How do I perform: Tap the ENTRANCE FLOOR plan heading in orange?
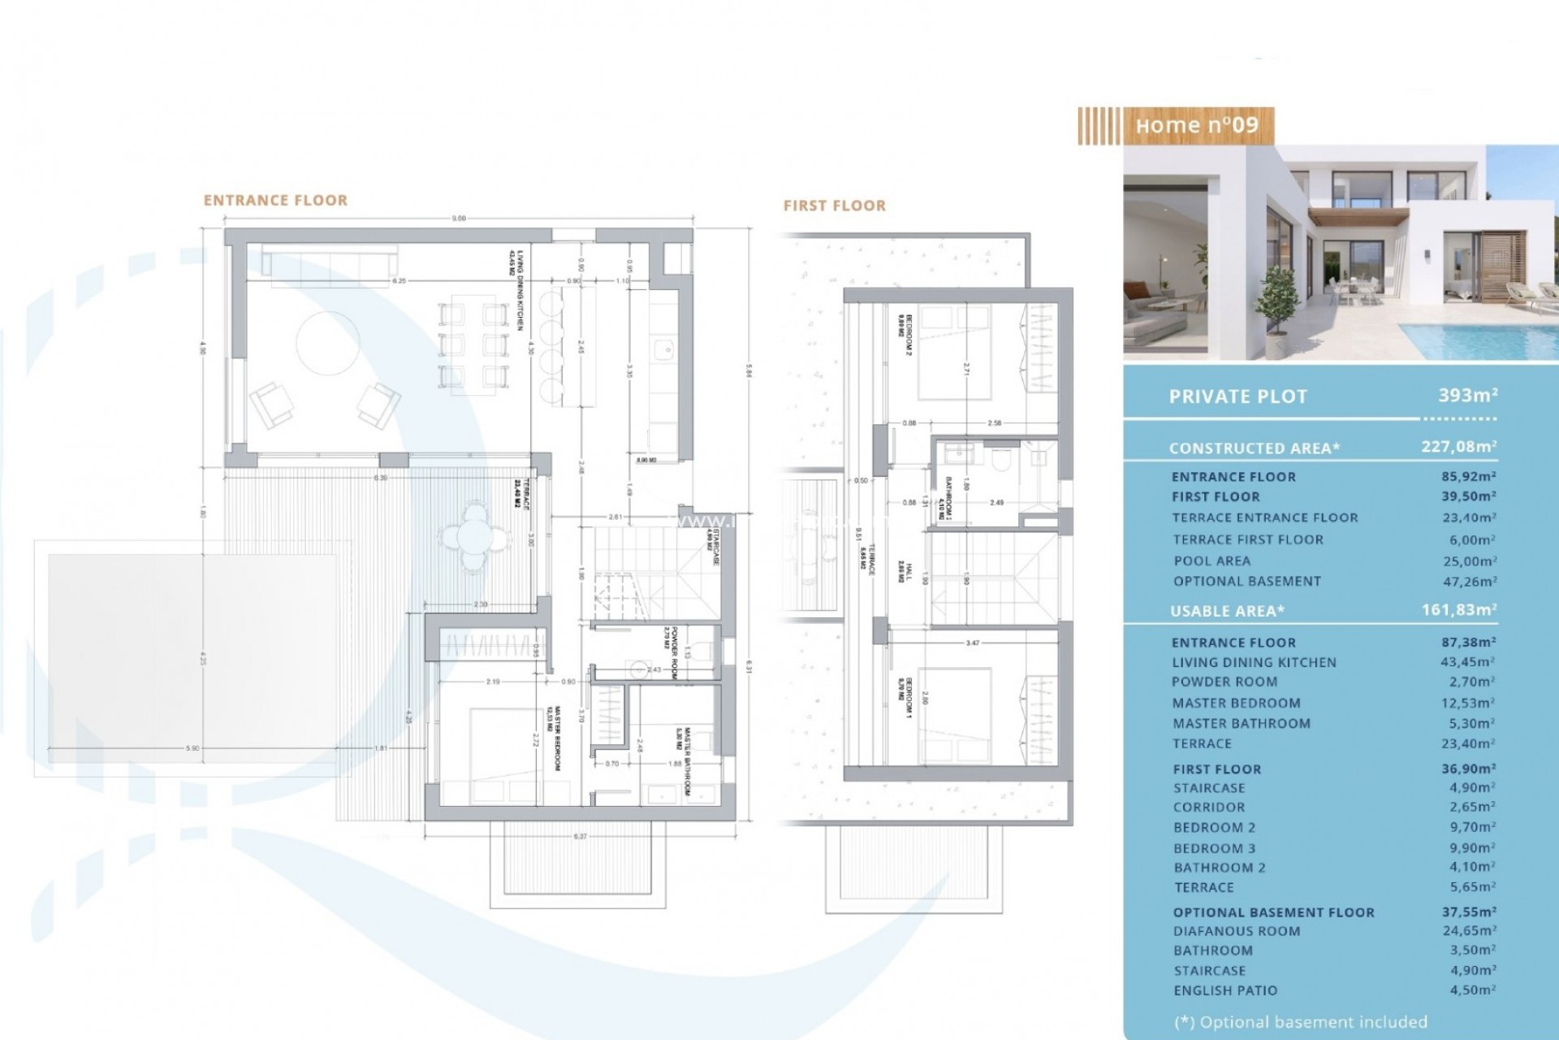coord(275,201)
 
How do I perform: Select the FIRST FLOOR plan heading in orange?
coord(834,206)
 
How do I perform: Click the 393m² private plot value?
coord(1467,396)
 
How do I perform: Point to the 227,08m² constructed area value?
coord(1458,447)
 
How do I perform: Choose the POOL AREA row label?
coord(1211,561)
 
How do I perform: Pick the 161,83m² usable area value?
coord(1458,610)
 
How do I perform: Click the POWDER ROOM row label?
coord(1224,682)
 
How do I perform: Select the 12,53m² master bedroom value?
coord(1467,703)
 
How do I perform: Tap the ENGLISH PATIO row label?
coord(1224,990)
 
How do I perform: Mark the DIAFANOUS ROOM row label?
coord(1236,931)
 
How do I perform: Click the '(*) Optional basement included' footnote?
coord(1300,1022)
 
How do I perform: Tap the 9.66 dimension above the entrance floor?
coord(459,218)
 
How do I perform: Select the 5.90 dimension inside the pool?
coord(192,748)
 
